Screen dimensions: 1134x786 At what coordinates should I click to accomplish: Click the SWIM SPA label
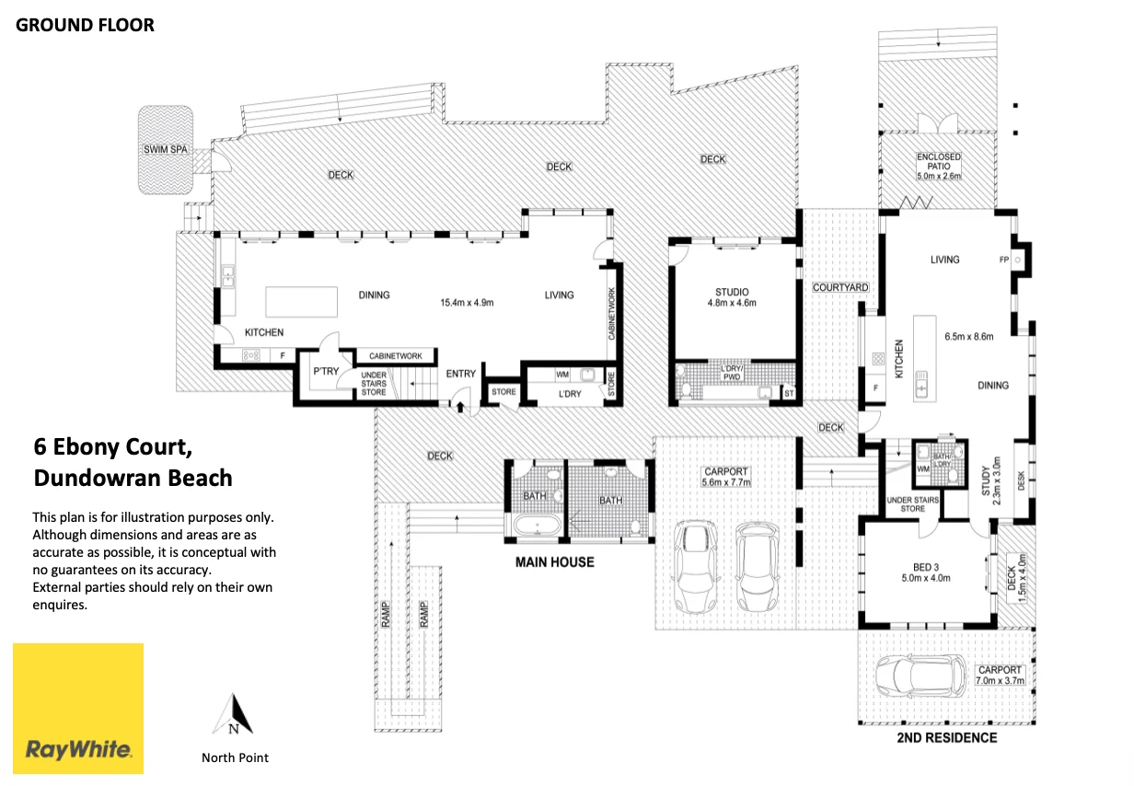(165, 149)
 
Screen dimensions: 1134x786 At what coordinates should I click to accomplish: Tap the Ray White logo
(78, 708)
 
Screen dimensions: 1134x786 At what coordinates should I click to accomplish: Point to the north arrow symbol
(233, 714)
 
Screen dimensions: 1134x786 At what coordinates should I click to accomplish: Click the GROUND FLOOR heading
(85, 25)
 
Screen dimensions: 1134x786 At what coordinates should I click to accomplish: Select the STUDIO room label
(732, 292)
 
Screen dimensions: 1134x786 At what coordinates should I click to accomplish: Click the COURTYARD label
(840, 287)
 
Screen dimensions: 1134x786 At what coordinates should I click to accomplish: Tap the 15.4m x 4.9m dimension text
(467, 303)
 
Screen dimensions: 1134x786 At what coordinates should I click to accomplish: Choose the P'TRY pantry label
(326, 372)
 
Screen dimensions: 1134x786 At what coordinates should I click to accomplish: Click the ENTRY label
(460, 374)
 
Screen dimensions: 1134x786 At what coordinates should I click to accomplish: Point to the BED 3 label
(926, 567)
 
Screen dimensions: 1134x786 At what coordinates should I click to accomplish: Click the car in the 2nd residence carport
(920, 676)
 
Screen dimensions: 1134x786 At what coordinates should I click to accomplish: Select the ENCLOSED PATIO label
(939, 161)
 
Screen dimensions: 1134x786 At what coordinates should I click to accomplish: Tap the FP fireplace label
(1004, 260)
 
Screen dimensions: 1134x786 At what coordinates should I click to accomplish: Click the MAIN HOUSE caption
(555, 562)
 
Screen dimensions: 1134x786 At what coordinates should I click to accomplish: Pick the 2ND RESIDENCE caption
(947, 738)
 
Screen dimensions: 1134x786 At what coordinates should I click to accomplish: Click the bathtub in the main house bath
(538, 526)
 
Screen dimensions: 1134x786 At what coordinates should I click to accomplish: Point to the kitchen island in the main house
(301, 302)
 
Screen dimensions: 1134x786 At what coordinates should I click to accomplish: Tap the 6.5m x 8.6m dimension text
(969, 337)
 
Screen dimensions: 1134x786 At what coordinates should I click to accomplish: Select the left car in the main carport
(696, 567)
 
